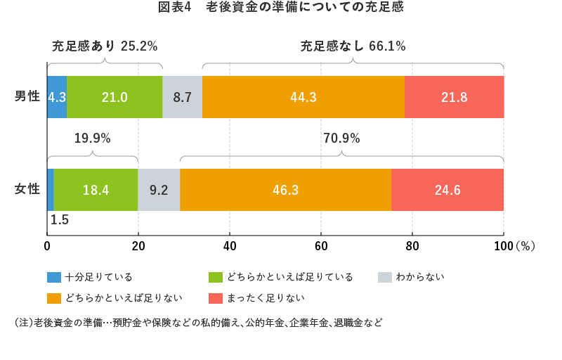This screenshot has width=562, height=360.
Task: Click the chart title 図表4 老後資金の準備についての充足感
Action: [x=281, y=8]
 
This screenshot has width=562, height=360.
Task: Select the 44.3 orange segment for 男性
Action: [x=304, y=97]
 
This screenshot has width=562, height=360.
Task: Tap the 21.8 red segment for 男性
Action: [x=454, y=97]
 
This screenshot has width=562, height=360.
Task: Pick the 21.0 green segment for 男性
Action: [x=115, y=97]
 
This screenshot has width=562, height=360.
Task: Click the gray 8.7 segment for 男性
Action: [x=182, y=97]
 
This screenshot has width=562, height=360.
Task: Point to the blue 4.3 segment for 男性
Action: [x=57, y=97]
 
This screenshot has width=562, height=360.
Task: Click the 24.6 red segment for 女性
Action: [x=447, y=189]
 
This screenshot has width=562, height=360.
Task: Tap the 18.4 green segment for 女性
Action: [x=96, y=189]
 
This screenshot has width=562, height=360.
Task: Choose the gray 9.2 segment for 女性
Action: [x=159, y=189]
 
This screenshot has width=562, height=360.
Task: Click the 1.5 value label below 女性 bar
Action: [x=60, y=220]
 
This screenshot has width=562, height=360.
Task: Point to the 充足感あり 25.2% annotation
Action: [x=105, y=46]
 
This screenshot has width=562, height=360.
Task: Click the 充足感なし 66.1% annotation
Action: [x=353, y=46]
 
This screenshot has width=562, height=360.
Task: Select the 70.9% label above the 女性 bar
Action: [x=341, y=139]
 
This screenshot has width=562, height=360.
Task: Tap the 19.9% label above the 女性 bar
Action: [x=93, y=139]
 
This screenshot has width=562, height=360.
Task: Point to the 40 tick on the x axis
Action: [x=230, y=246]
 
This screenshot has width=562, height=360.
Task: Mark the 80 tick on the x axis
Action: [x=412, y=246]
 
